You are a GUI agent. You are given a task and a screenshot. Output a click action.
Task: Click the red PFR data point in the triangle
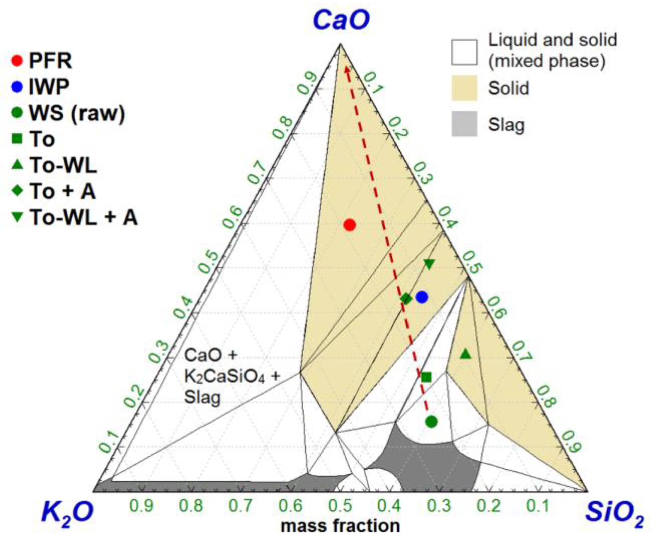click(349, 225)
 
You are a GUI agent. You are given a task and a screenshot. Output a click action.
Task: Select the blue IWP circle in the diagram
click(422, 297)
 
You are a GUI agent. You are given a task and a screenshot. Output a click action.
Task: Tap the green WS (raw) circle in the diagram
click(431, 422)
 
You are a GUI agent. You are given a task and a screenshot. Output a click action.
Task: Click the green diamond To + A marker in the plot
click(406, 298)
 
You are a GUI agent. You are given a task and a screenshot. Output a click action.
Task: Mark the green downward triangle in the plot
click(429, 264)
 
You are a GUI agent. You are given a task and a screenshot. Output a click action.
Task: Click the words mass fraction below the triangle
click(340, 526)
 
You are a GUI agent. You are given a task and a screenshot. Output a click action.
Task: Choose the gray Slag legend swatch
click(464, 124)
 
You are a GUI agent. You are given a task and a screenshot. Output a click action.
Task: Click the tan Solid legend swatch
click(464, 88)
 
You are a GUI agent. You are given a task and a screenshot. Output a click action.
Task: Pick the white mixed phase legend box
click(464, 52)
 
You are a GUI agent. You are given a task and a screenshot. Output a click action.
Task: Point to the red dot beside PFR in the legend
click(17, 61)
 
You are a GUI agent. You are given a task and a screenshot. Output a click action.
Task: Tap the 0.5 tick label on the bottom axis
click(340, 506)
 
